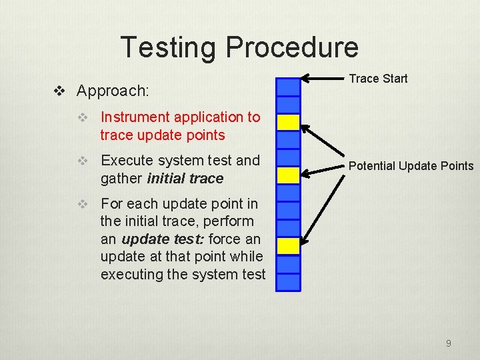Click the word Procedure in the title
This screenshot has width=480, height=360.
[291, 47]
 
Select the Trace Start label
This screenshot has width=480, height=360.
[378, 79]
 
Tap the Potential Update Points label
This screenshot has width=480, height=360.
[411, 166]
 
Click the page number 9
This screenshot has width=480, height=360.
[448, 343]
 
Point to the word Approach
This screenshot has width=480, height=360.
[113, 90]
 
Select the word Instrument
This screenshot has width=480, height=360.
[135, 117]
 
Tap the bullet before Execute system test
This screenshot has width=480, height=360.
[83, 161]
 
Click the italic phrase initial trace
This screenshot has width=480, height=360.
[185, 179]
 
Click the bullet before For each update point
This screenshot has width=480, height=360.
[83, 205]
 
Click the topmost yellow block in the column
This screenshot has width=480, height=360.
[288, 122]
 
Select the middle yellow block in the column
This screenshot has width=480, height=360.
[288, 175]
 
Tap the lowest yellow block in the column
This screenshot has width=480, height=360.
[288, 246]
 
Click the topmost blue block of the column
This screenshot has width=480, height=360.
[288, 87]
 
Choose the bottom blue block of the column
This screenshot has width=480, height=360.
[288, 281]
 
